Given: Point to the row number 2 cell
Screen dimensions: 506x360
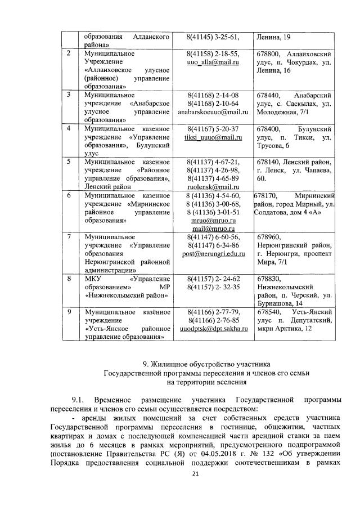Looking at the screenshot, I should [69, 54].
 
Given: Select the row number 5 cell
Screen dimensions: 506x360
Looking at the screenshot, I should [69, 162].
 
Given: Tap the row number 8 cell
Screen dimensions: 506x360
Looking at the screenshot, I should [69, 279].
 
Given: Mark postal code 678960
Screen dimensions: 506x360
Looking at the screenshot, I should [269, 237].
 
